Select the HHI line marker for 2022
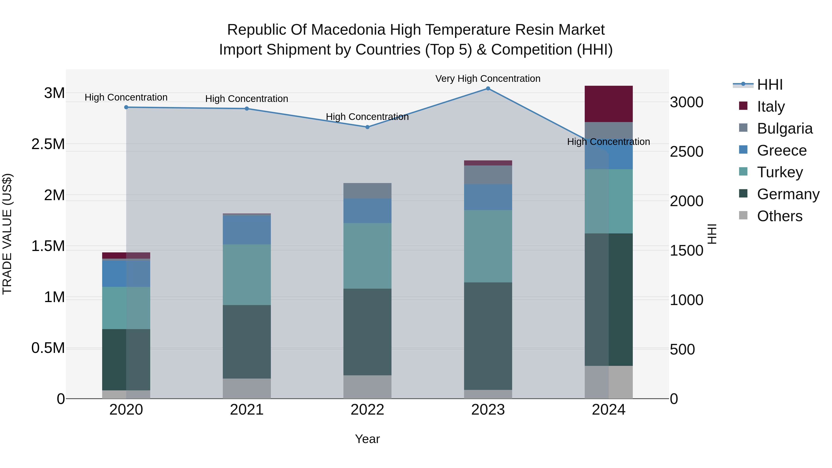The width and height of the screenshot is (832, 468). (x=367, y=127)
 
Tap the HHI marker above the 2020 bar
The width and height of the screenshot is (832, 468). (x=126, y=107)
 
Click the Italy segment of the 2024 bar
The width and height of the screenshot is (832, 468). (x=609, y=104)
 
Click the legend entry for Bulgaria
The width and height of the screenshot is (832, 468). (x=785, y=128)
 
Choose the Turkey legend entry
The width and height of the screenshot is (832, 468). (x=780, y=172)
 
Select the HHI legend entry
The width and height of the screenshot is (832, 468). (x=769, y=85)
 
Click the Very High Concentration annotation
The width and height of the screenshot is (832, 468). (x=488, y=79)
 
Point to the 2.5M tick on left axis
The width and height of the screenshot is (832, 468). (x=48, y=144)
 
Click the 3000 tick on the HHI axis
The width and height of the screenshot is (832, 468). (x=686, y=102)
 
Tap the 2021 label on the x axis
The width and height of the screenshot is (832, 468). (x=247, y=410)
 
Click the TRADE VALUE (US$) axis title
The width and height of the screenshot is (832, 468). (x=7, y=234)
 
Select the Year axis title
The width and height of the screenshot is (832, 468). (x=367, y=439)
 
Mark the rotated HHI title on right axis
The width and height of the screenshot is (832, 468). (x=712, y=234)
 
